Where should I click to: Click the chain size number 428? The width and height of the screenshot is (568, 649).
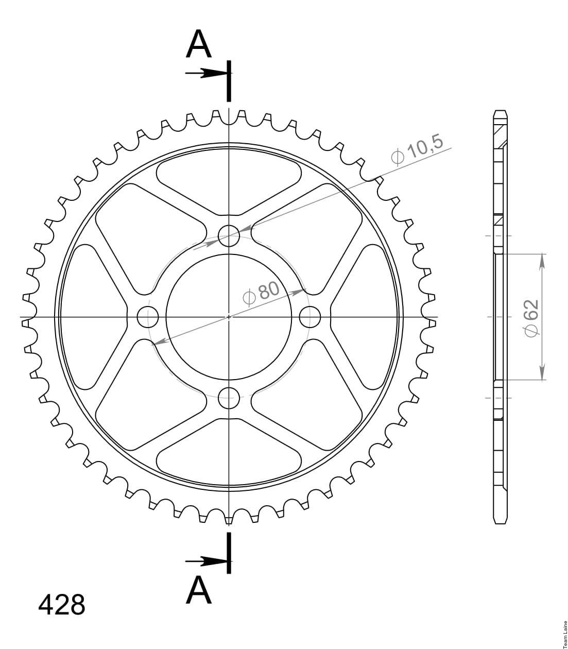61,605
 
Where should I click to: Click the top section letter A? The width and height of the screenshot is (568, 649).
199,44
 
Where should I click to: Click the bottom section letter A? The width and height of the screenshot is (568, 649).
199,590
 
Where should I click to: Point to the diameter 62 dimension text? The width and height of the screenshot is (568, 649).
531,318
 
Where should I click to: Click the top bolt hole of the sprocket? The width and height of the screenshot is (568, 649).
229,236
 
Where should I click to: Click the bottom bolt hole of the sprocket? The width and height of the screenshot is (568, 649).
229,398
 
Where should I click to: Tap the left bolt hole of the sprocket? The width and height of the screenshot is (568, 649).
148,317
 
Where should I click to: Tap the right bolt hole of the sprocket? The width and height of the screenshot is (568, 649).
310,317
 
